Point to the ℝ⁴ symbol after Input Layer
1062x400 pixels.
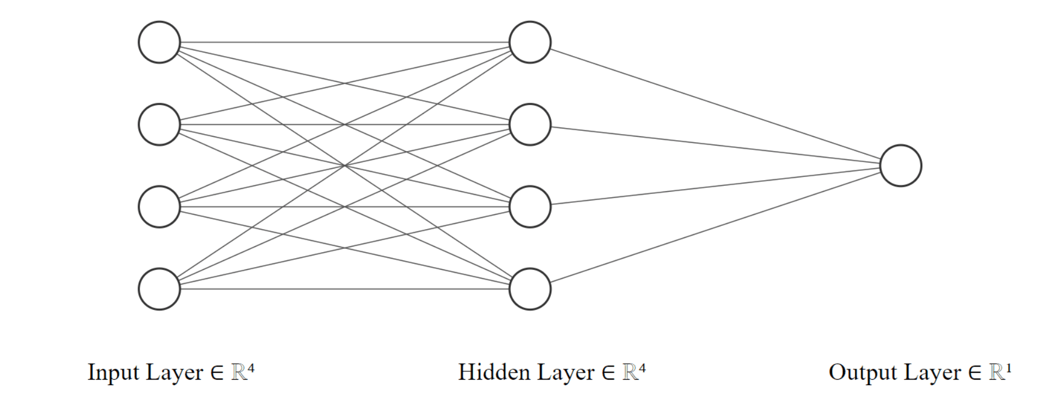pyautogui.click(x=243, y=371)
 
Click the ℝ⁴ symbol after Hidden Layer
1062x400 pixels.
pyautogui.click(x=634, y=371)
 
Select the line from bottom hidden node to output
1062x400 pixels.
pyautogui.click(x=716, y=226)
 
